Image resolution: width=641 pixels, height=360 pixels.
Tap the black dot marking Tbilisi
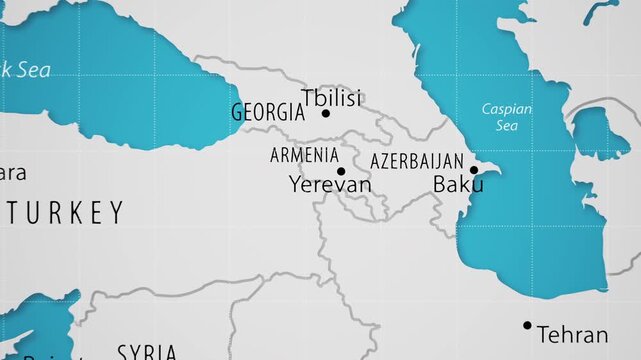tap(325, 114)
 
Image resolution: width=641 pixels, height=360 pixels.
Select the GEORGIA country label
tap(267, 112)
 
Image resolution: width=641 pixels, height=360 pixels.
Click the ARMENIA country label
tap(304, 155)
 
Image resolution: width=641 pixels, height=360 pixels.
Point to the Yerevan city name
tap(329, 185)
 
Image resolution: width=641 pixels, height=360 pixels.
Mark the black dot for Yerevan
tap(340, 171)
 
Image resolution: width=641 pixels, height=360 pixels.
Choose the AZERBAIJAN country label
tap(417, 161)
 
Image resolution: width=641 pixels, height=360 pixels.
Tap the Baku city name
tap(458, 185)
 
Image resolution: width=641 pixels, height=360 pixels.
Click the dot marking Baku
tap(473, 170)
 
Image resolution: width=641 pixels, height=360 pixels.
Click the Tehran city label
tap(571, 334)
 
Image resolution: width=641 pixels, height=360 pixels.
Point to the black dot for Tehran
tap(527, 325)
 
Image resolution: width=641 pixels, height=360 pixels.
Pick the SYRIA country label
tap(147, 352)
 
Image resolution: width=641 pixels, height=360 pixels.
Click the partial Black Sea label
tap(24, 70)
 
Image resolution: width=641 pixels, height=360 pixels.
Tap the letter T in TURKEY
tap(13, 213)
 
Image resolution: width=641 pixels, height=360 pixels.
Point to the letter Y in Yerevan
tap(295, 185)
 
